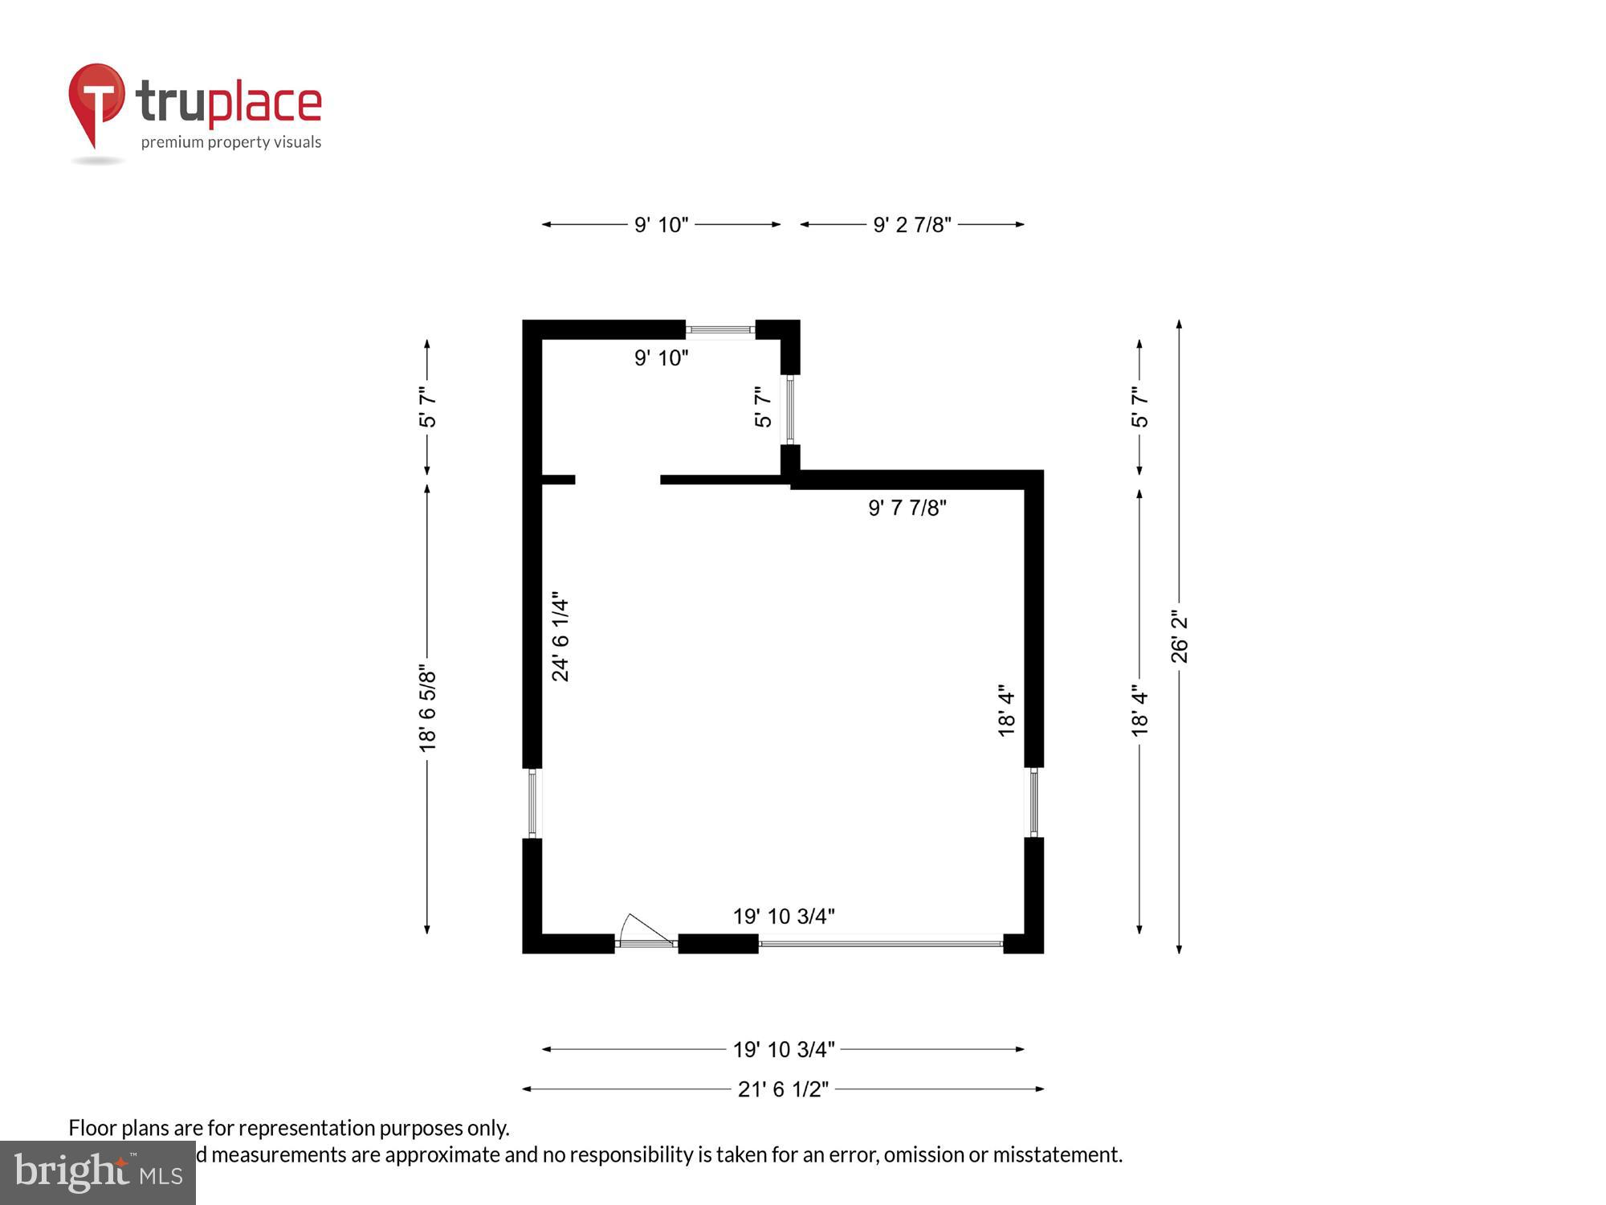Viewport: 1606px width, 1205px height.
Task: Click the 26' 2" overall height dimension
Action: tap(1179, 636)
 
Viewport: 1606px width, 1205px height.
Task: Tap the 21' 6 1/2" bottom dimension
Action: tap(783, 1089)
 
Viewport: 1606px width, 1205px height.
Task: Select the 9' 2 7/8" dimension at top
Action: tap(911, 225)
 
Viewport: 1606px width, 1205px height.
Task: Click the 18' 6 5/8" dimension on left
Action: tap(427, 711)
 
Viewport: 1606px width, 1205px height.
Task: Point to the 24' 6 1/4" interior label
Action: tap(560, 640)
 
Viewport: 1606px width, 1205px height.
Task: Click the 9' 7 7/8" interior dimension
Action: tap(907, 508)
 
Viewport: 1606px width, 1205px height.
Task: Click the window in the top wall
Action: tap(720, 329)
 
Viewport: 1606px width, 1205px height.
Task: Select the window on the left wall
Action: tap(532, 803)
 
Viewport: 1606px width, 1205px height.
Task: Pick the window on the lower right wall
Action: tap(1033, 802)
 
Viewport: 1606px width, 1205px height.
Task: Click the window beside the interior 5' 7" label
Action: tap(790, 410)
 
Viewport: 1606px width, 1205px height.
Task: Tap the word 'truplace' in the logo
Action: tap(229, 103)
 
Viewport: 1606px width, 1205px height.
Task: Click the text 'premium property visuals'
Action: tap(231, 143)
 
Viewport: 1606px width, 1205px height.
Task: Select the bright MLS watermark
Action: tap(98, 1173)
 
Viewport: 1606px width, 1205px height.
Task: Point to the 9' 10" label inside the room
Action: tap(661, 358)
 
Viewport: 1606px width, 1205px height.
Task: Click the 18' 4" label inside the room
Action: tap(1007, 711)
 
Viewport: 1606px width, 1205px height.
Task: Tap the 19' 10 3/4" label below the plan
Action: tap(783, 1049)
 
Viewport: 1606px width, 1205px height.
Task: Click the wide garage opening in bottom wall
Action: tap(881, 943)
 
